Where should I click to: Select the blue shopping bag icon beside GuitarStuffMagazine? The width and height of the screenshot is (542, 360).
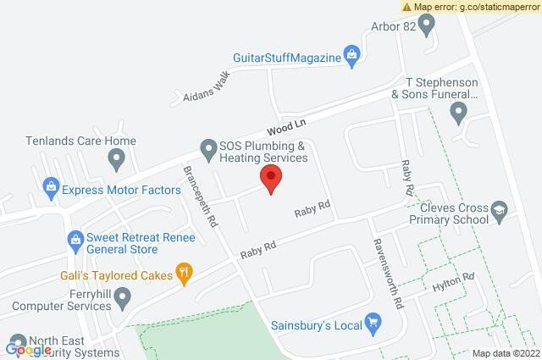pyautogui.click(x=353, y=57)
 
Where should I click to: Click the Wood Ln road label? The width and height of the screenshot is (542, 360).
pyautogui.click(x=285, y=127)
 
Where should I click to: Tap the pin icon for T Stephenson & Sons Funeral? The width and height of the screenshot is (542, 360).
pyautogui.click(x=459, y=111)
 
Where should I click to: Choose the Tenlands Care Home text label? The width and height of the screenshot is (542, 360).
pyautogui.click(x=80, y=141)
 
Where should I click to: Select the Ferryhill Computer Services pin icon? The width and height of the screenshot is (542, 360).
pyautogui.click(x=123, y=297)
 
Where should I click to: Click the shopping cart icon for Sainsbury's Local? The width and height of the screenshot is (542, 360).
pyautogui.click(x=373, y=322)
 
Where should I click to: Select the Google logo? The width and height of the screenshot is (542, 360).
pyautogui.click(x=28, y=349)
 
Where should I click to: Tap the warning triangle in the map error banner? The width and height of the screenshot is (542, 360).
pyautogui.click(x=407, y=6)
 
